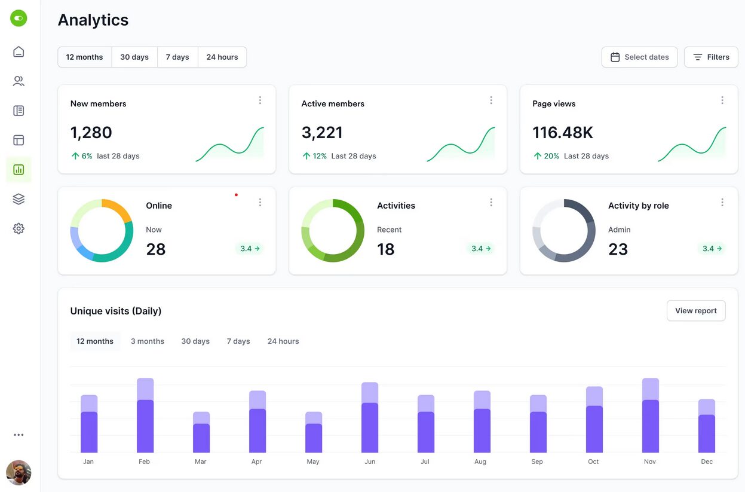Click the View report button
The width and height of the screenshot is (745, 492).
695,311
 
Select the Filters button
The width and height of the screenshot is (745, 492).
710,57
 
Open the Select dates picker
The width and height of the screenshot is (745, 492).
639,57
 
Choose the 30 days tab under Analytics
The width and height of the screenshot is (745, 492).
134,57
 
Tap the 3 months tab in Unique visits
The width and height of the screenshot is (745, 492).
147,341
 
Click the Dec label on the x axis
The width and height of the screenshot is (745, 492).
707,462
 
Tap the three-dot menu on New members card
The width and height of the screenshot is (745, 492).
260,100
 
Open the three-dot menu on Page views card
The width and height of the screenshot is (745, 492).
722,100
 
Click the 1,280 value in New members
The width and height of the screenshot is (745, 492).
91,133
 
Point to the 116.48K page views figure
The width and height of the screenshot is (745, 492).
563,133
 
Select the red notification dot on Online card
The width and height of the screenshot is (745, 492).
236,195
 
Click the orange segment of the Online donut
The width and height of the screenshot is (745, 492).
118,208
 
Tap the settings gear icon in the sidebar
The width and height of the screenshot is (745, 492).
19,228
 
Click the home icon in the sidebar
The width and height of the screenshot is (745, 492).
19,51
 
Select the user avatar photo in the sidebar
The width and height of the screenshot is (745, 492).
19,472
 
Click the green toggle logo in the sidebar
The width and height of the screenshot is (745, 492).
19,18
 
